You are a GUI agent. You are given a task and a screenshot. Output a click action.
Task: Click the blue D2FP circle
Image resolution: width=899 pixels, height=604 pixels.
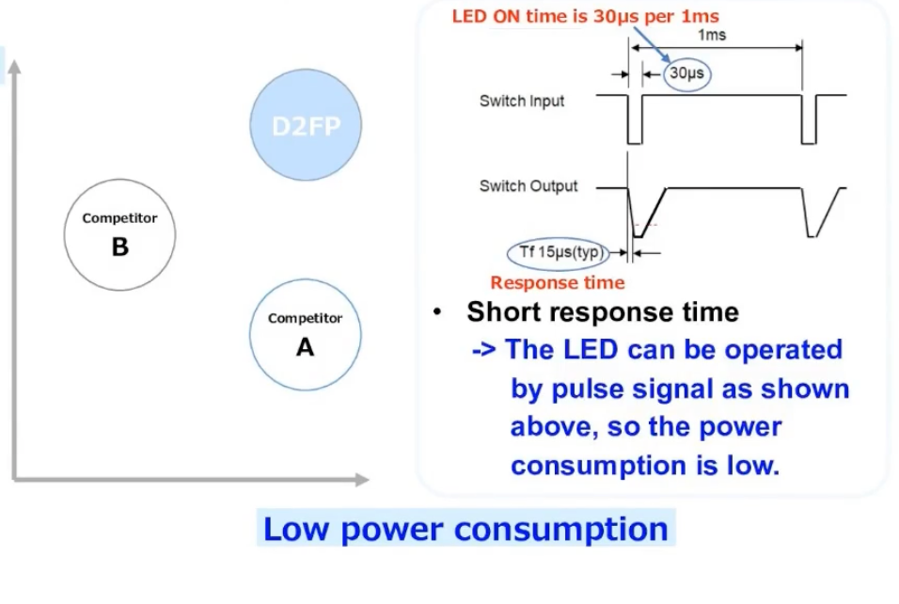point(306,125)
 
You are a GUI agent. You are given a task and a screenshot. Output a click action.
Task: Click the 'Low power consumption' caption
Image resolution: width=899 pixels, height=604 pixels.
point(465,529)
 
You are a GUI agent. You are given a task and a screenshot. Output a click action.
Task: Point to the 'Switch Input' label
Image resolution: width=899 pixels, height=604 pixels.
point(522,101)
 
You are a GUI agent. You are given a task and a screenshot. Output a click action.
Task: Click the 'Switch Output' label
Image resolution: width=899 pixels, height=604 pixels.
point(528,186)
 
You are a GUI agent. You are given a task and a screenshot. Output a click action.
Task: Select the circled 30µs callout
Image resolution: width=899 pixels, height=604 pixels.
point(686,73)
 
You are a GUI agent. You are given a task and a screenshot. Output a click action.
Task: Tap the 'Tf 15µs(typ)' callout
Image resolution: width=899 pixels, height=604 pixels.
point(559,253)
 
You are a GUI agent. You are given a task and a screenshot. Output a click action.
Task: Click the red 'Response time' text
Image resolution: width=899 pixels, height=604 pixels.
point(558,283)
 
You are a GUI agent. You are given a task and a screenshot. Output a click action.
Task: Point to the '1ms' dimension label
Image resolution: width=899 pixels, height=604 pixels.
point(712,35)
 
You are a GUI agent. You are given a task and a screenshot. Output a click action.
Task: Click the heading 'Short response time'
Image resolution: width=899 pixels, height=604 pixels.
point(603,312)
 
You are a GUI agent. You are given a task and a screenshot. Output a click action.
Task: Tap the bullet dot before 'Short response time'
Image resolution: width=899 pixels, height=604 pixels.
point(437,312)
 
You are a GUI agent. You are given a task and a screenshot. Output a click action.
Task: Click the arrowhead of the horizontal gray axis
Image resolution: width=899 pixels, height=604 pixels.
point(362,480)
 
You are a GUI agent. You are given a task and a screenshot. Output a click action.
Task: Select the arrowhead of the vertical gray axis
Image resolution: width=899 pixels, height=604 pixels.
point(14,67)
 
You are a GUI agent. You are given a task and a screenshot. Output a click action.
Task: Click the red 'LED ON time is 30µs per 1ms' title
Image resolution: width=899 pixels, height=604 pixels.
point(585,16)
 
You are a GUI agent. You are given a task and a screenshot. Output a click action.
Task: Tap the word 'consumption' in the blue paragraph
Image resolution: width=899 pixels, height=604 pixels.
point(599,465)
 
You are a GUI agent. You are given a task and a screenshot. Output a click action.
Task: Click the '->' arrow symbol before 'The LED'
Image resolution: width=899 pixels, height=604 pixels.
point(484,350)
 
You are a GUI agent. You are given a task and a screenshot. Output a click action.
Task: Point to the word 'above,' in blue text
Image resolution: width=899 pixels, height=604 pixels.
point(554,427)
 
